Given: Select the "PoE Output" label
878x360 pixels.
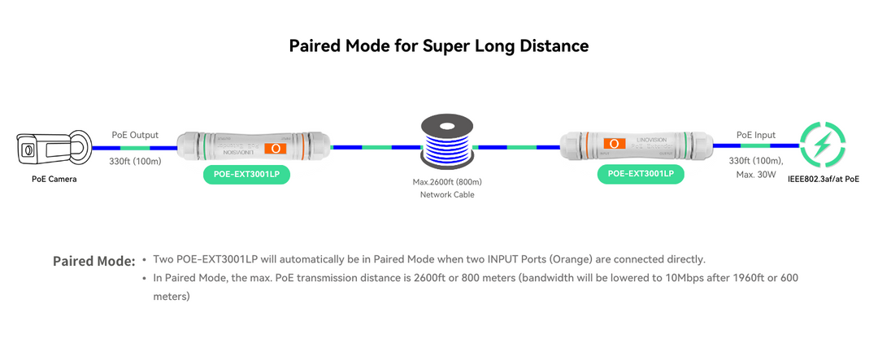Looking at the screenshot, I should click(135, 135).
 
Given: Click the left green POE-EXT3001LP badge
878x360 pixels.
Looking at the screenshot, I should click(246, 174).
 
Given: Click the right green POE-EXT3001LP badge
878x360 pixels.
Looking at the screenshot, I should click(641, 174).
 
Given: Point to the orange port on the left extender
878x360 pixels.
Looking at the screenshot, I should click(277, 149).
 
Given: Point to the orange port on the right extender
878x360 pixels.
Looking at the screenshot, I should click(614, 144).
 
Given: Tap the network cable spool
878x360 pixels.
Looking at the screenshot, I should click(446, 143).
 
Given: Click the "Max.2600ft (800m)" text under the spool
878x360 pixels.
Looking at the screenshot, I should click(447, 181).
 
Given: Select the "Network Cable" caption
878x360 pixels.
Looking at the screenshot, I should click(447, 195).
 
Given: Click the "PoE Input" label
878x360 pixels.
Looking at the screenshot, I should click(755, 135).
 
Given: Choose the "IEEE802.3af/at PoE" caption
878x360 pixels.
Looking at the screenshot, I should click(824, 178).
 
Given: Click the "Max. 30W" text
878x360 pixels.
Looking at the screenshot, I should click(756, 174).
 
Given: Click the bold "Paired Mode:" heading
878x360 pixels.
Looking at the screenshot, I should click(93, 262).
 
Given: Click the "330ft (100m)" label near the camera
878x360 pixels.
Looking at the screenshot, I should click(135, 161).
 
